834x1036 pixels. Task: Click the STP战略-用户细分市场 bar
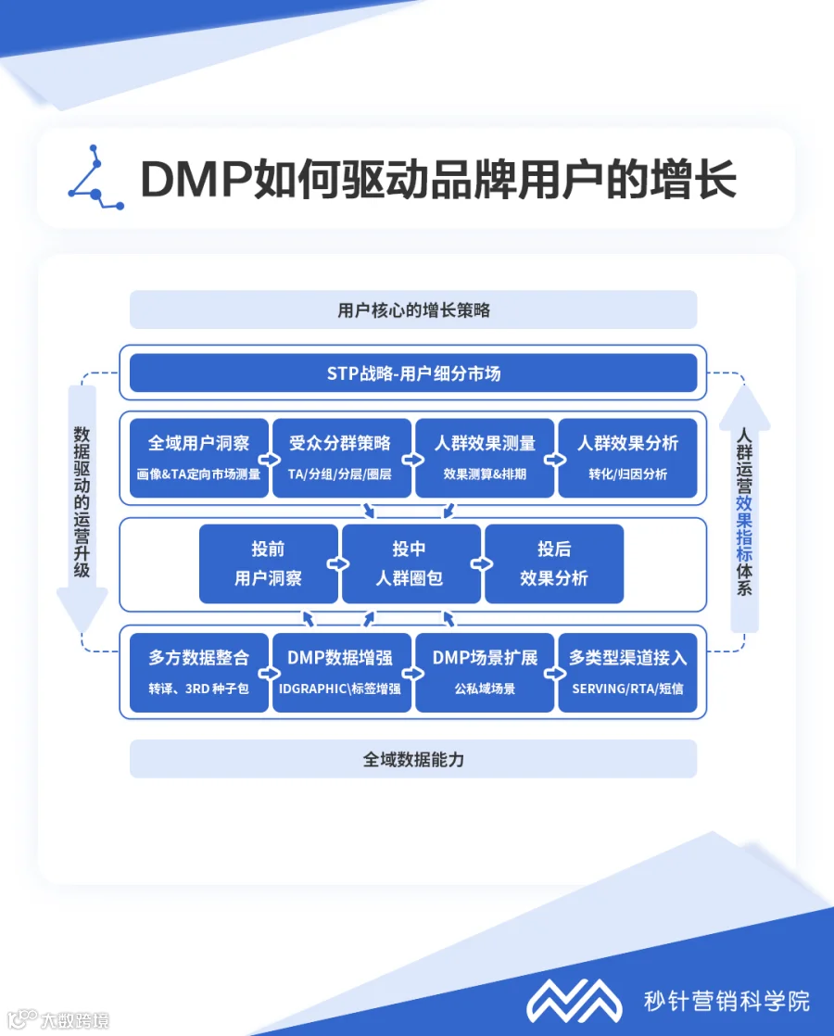(413, 373)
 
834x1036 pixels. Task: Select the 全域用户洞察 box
(199, 457)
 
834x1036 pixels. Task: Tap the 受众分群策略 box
(342, 457)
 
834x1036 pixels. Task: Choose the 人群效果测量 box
(485, 457)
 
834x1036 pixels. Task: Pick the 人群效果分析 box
(627, 457)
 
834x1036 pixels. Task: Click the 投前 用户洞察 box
(269, 563)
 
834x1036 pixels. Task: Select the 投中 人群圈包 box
(411, 563)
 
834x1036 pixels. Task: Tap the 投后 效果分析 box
(554, 563)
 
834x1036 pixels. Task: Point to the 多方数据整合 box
(199, 673)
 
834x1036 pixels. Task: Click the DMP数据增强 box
(342, 673)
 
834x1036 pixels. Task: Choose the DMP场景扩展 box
(485, 673)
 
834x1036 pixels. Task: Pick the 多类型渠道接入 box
(627, 673)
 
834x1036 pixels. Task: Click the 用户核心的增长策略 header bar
(413, 310)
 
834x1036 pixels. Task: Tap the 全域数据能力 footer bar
(413, 759)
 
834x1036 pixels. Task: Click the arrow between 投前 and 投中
(337, 563)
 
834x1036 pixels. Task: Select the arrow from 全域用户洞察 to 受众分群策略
(269, 460)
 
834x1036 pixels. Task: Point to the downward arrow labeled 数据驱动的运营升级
(82, 509)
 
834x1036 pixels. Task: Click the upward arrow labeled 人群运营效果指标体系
(745, 509)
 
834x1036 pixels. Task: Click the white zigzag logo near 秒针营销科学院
(574, 1000)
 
